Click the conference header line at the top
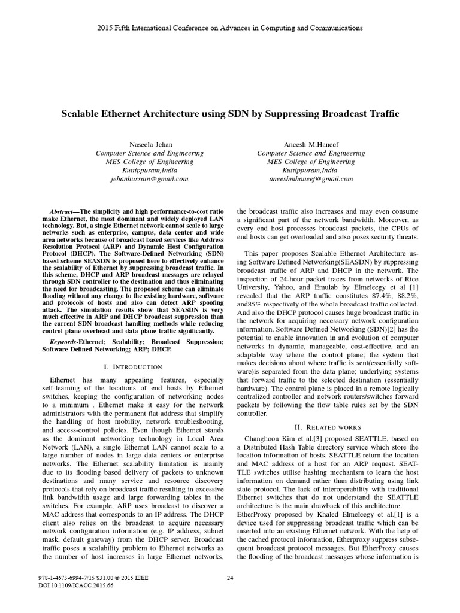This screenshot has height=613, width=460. [x=229, y=28]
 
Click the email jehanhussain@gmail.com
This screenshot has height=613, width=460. [x=149, y=178]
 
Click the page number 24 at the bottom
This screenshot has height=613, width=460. [x=230, y=578]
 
